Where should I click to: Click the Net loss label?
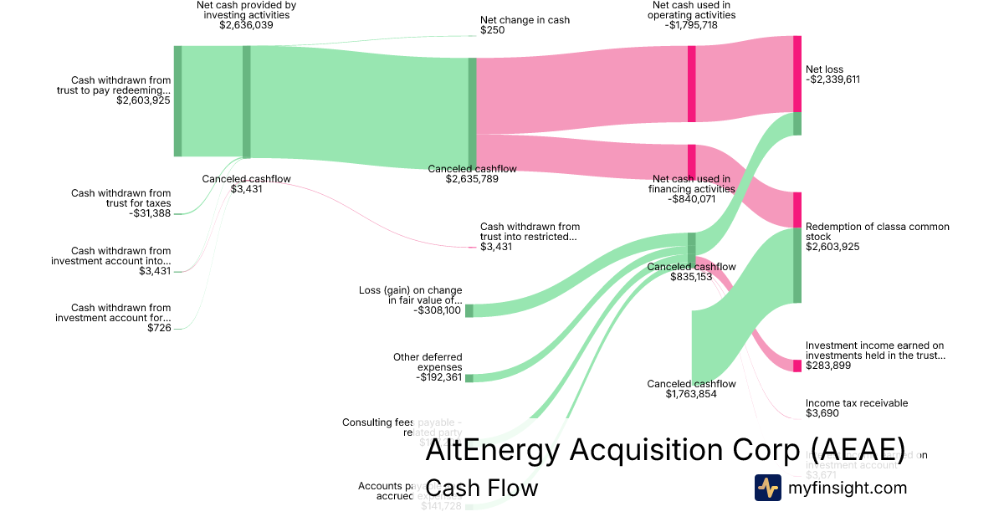tap(824, 69)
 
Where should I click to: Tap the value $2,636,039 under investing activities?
tap(246, 25)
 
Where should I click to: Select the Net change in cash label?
tap(525, 20)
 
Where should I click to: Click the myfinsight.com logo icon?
tap(768, 487)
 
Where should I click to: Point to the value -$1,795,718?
tap(694, 25)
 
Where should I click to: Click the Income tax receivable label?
tap(857, 403)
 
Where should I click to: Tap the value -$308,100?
tap(438, 310)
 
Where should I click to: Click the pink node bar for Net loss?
tap(797, 74)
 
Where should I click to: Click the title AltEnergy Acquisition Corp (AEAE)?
tap(665, 450)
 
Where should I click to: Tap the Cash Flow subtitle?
tap(482, 488)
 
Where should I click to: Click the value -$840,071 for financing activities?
tap(692, 199)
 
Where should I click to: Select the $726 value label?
tap(159, 328)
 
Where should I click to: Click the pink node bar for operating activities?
tap(692, 84)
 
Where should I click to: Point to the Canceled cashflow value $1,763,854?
tap(691, 394)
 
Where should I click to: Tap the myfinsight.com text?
tap(848, 488)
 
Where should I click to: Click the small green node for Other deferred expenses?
tap(469, 378)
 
